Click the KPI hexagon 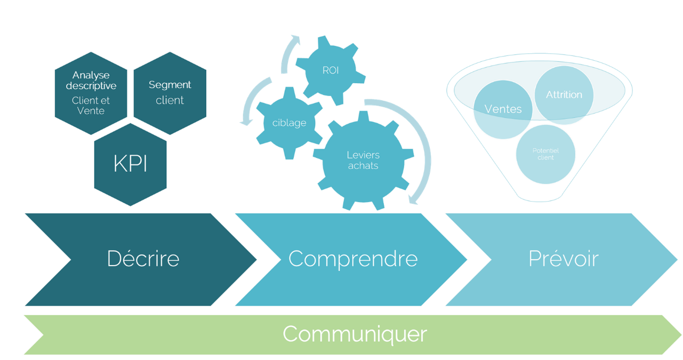(x=130, y=164)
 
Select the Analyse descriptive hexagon (x=91, y=93)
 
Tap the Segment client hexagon (x=170, y=93)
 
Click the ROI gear (x=330, y=70)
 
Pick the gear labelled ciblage (x=289, y=123)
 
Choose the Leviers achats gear (x=363, y=160)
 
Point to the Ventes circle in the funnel (x=503, y=109)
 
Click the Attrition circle (x=564, y=94)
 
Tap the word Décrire (x=143, y=259)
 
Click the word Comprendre (x=352, y=259)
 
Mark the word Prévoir (x=564, y=259)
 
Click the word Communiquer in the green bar (x=355, y=334)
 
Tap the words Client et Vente (x=91, y=106)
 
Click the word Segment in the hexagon (x=170, y=85)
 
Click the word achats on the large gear (x=363, y=166)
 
